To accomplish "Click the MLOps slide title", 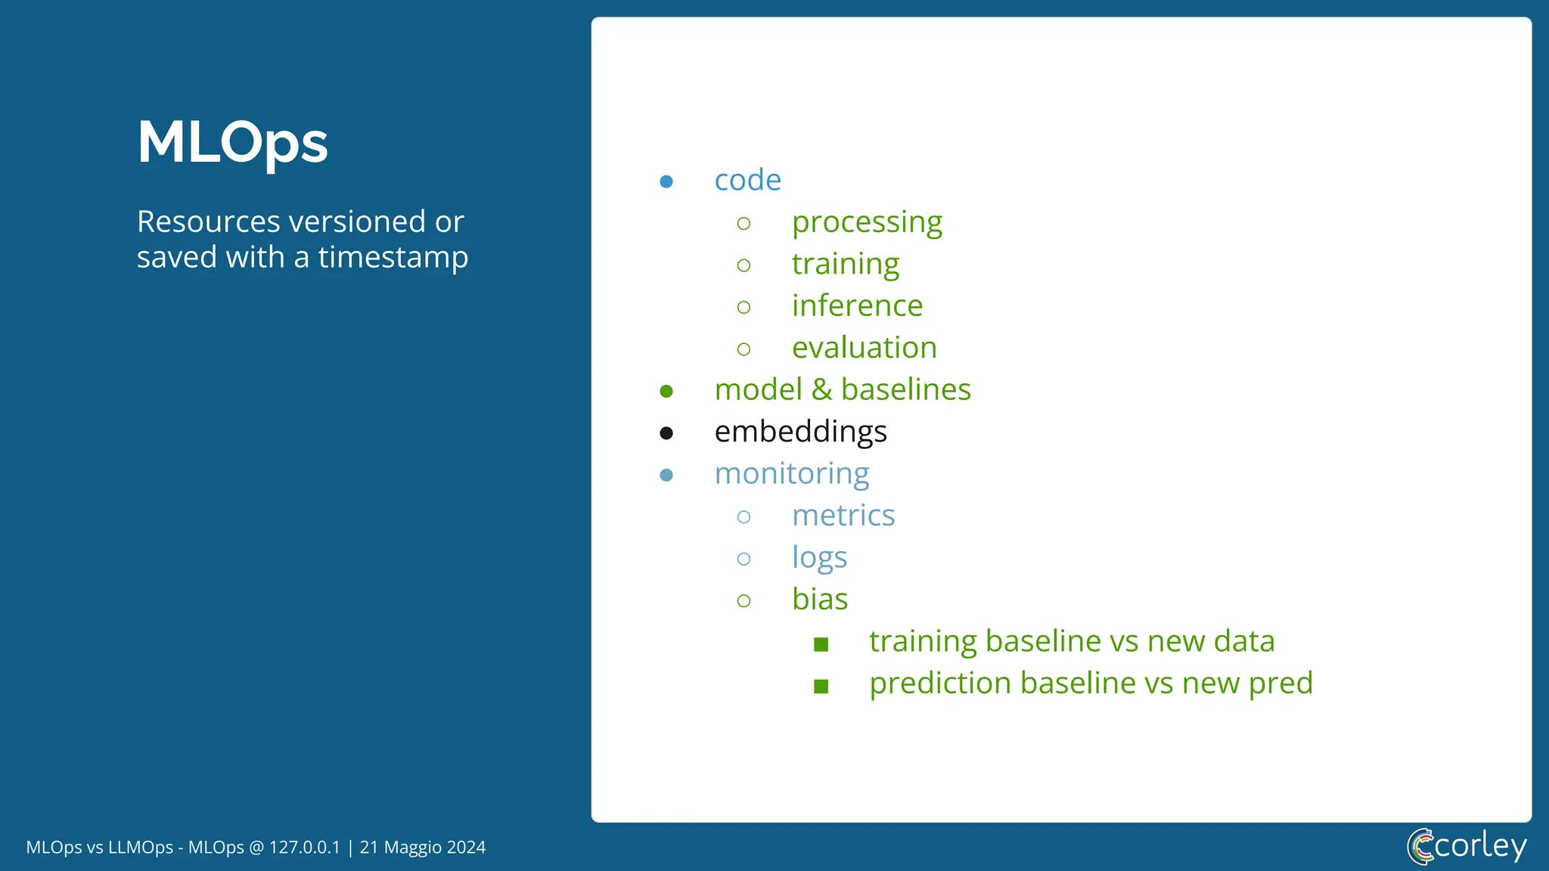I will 232,142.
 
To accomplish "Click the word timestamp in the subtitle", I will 393,258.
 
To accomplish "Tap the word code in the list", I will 747,180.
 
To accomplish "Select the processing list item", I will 867,222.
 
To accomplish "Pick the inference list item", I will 857,305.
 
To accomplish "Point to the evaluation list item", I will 864,348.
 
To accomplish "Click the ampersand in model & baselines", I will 821,390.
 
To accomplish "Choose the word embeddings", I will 800,432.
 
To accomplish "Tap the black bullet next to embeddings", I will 666,433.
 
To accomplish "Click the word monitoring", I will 791,474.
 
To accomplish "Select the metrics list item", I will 843,516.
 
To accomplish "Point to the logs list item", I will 819,558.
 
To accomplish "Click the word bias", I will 820,600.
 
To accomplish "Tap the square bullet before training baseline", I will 821,644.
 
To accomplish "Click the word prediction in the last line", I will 940,683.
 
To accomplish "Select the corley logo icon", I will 1420,846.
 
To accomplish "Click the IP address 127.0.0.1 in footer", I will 304,848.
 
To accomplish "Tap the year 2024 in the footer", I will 466,848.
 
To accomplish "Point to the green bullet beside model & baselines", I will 666,391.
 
